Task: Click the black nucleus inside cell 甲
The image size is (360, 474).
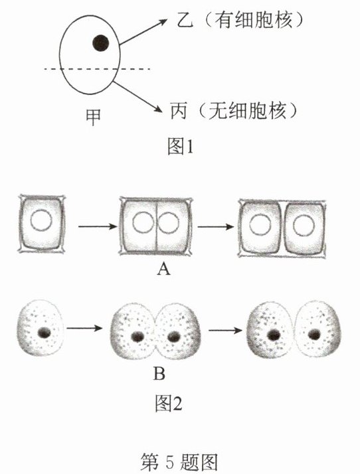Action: (101, 43)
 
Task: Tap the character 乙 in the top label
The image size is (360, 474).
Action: (184, 21)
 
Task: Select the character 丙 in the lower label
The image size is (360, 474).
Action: (178, 112)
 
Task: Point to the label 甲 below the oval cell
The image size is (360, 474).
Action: (93, 118)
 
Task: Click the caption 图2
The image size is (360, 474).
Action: (169, 403)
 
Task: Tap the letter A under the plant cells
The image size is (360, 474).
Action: (163, 268)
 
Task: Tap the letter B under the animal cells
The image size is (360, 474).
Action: (159, 374)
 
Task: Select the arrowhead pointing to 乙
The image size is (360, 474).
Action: (163, 22)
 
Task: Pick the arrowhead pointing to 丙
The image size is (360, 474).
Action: (158, 108)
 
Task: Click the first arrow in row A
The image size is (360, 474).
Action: (98, 226)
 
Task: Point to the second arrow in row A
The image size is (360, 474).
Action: (216, 226)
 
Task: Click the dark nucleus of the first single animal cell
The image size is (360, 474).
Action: (45, 333)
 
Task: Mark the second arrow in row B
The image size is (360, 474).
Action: (225, 330)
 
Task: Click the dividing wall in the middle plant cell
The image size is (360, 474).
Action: (156, 226)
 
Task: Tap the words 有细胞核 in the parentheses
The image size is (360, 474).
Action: (253, 21)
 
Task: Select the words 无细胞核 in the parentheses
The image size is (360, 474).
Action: (247, 112)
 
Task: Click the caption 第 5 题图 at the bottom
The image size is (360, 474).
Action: (179, 462)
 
